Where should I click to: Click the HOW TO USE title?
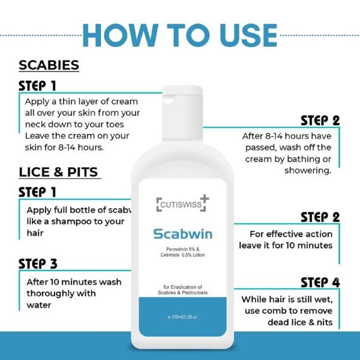pyautogui.click(x=180, y=35)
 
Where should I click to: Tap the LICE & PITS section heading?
pyautogui.click(x=58, y=172)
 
